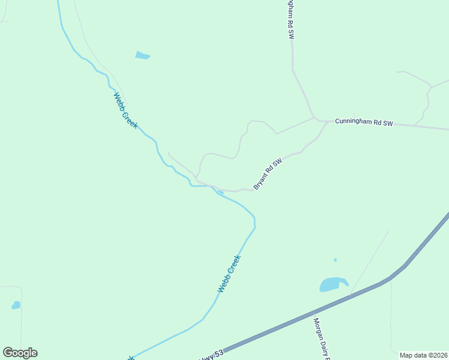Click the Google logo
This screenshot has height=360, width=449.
[x=20, y=353]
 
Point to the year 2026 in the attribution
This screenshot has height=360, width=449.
[x=438, y=355]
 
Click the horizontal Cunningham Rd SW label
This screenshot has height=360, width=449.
[x=363, y=122]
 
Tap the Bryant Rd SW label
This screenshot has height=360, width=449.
[x=268, y=174]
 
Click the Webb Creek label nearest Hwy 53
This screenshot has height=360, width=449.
[x=229, y=274]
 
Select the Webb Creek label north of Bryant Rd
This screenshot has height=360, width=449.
[x=125, y=110]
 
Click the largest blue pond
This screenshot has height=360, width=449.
[x=333, y=284]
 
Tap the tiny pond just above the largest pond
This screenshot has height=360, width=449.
[x=335, y=260]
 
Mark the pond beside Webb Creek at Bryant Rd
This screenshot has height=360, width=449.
[x=221, y=193]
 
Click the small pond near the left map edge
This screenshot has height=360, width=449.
[x=16, y=305]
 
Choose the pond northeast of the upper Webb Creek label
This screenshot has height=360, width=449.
[x=142, y=56]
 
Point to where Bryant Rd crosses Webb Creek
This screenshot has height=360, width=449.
[x=212, y=187]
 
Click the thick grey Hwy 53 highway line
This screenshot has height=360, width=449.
[x=360, y=292]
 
